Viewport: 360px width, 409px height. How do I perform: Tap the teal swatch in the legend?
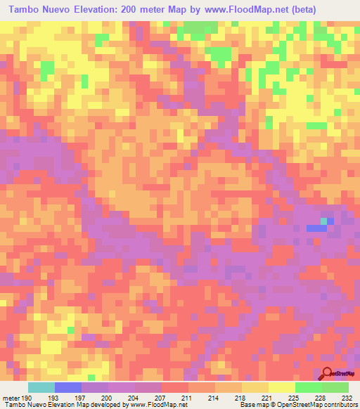click(41, 387)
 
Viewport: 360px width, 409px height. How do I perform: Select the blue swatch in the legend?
click(68, 387)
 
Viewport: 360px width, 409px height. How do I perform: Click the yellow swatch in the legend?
click(281, 387)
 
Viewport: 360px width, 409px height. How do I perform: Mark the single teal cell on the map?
click(324, 221)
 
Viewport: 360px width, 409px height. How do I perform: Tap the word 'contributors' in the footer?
click(337, 405)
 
